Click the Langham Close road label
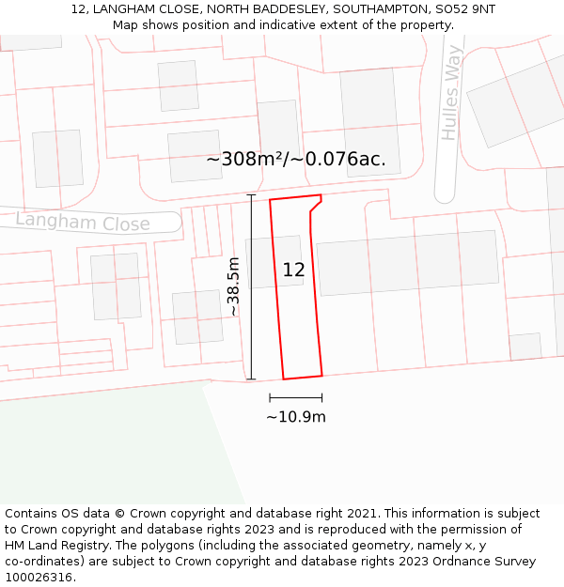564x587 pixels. point(83,223)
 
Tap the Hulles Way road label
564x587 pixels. point(453,94)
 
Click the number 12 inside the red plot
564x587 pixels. point(293,270)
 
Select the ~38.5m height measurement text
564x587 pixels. point(233,286)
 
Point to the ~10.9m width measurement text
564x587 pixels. point(296,417)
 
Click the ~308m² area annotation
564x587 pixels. point(295,159)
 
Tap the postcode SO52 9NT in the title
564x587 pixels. point(462,9)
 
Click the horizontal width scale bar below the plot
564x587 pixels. point(295,398)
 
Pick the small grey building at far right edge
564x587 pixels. point(525,346)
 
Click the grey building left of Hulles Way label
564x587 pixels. point(368,120)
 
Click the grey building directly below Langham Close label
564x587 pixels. point(116,286)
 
